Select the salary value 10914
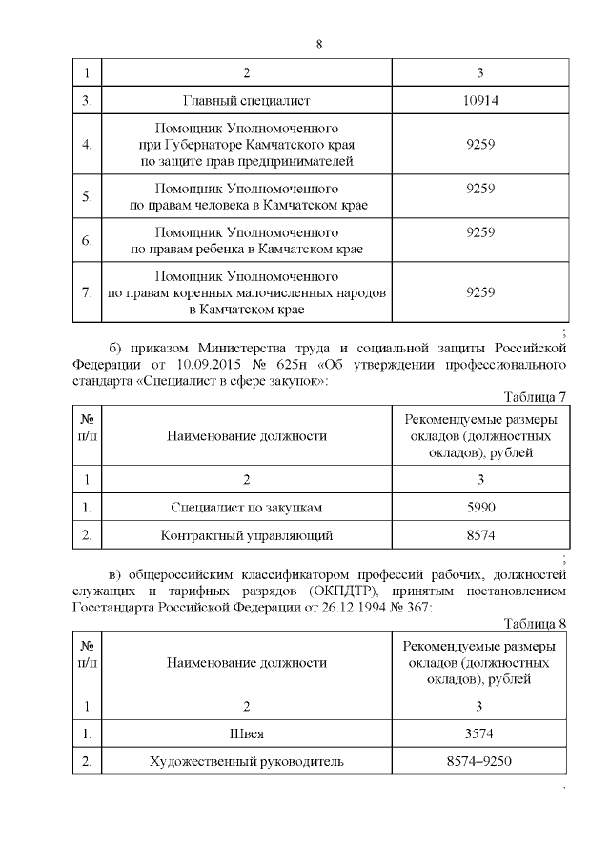click(x=480, y=99)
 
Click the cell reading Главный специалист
click(x=247, y=99)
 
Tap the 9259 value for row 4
click(x=480, y=144)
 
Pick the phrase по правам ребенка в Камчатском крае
click(x=247, y=250)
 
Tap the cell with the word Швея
click(x=247, y=733)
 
